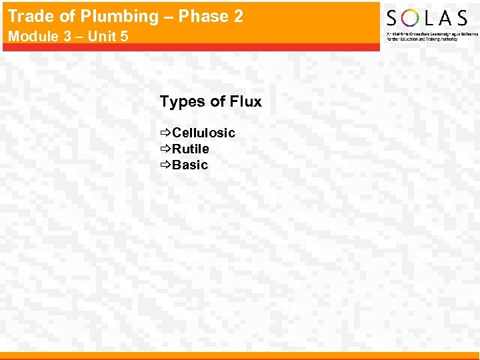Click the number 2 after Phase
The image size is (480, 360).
[238, 17]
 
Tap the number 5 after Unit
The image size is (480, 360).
[124, 36]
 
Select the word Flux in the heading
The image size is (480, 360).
[245, 102]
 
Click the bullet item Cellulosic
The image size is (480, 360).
[203, 133]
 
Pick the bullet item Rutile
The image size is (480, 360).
[190, 149]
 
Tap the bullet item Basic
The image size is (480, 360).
[190, 165]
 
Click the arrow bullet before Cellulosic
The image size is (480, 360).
[165, 133]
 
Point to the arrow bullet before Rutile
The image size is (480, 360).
[165, 149]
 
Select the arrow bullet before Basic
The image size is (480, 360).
[165, 165]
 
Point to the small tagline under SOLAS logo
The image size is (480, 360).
[429, 36]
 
